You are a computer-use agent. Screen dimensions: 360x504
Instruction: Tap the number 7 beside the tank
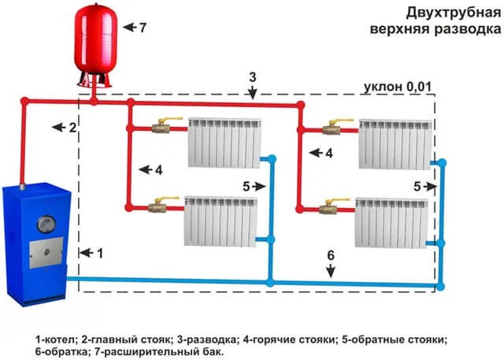click(143, 27)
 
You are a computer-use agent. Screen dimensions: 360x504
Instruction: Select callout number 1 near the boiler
click(99, 253)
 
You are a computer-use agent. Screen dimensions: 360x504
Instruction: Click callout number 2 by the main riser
click(72, 127)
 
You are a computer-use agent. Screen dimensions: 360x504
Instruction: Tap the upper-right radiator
click(395, 143)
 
